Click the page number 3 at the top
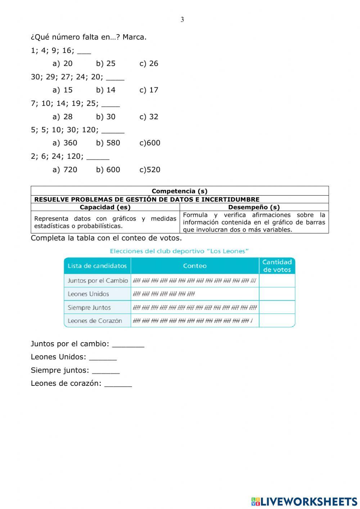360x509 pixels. click(182, 19)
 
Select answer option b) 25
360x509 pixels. click(105, 63)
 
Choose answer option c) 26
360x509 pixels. click(149, 63)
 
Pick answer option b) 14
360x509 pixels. click(105, 90)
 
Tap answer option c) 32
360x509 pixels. click(149, 117)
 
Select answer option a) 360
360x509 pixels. click(65, 143)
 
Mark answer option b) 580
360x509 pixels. click(108, 143)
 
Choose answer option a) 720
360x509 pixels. click(65, 170)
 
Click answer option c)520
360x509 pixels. click(150, 170)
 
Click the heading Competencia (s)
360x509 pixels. click(179, 191)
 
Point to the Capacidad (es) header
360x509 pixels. click(105, 207)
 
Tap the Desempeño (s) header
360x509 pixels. click(254, 207)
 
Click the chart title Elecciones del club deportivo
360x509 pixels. click(179, 251)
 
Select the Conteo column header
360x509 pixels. click(195, 266)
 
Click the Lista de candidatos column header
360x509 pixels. click(97, 266)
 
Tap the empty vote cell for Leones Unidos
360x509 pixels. click(277, 294)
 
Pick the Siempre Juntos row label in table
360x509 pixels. click(89, 308)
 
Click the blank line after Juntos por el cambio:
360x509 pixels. click(128, 344)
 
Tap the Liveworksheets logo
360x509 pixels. click(304, 501)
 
